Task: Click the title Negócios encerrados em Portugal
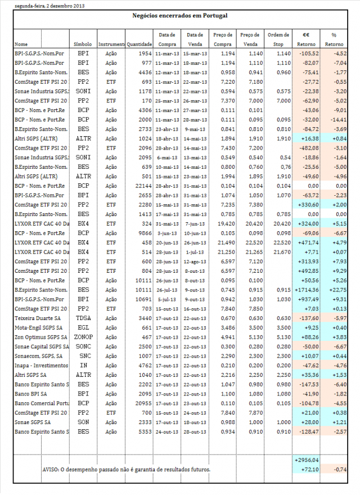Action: (x=179, y=16)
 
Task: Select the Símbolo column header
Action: (x=83, y=44)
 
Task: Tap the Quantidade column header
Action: (x=139, y=44)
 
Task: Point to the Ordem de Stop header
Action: (x=278, y=39)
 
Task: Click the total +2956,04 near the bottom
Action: (x=307, y=460)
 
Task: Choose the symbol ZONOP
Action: (x=83, y=336)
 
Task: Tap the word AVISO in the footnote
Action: (x=51, y=469)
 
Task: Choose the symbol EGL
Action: (x=83, y=327)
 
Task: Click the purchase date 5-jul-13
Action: (x=168, y=299)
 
